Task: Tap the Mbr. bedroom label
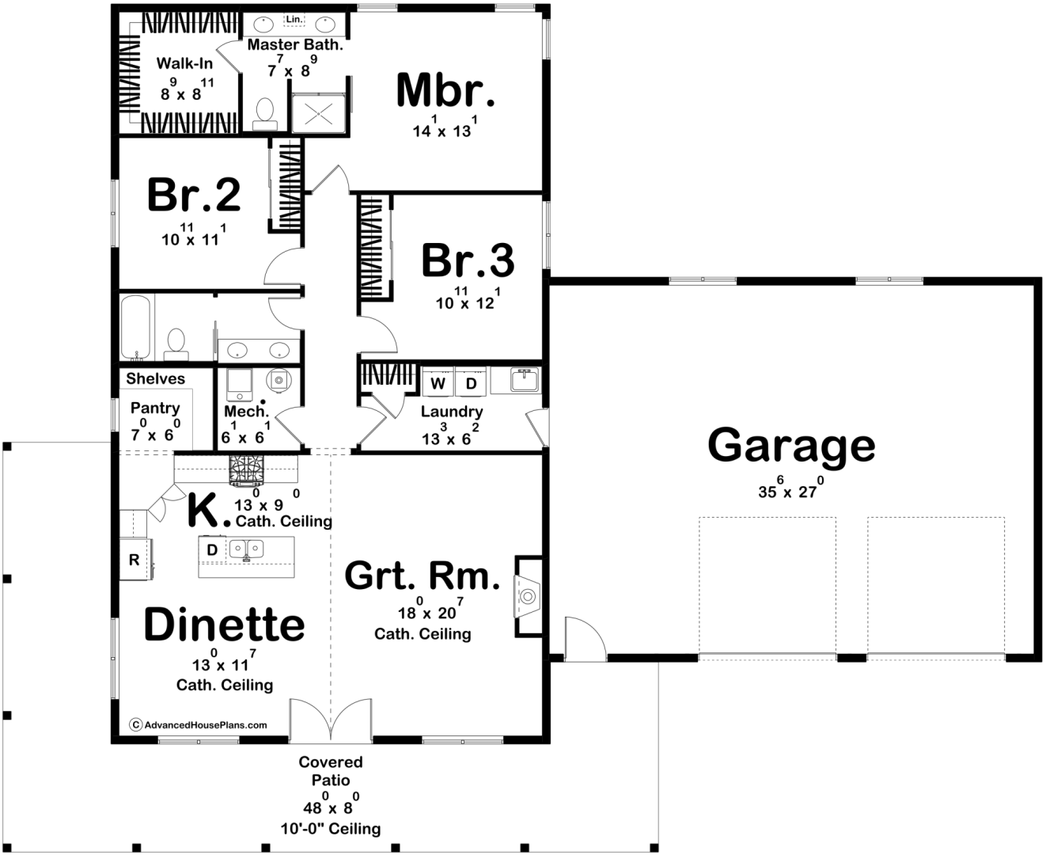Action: click(x=445, y=89)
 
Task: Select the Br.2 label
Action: click(x=194, y=195)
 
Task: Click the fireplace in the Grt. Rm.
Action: click(x=529, y=596)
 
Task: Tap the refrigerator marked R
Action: click(x=135, y=559)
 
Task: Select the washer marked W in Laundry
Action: click(x=438, y=382)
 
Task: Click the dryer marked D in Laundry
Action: click(x=471, y=382)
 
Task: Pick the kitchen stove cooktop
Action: click(x=246, y=470)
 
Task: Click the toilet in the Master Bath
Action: click(x=265, y=114)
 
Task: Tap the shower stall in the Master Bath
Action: click(x=318, y=114)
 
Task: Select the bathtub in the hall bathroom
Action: click(x=135, y=328)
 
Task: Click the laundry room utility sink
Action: click(x=525, y=380)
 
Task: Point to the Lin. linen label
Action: click(x=294, y=19)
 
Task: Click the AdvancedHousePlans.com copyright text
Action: click(x=199, y=725)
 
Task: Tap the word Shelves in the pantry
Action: click(x=155, y=378)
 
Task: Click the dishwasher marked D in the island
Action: click(x=212, y=549)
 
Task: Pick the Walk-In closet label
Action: click(x=184, y=63)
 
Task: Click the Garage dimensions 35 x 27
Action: click(x=791, y=488)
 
